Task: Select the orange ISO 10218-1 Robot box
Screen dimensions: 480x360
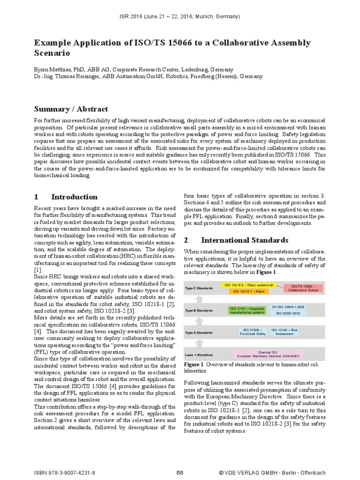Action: coord(249,291)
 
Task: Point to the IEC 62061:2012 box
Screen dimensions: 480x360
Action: coord(288,313)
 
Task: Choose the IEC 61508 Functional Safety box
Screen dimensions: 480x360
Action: coord(250,331)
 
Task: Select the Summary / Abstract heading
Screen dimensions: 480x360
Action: coord(71,109)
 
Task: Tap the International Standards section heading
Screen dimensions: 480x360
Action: coord(244,240)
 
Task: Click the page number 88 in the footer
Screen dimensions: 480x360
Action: coord(180,472)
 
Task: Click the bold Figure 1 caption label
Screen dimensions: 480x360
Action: coord(194,364)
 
